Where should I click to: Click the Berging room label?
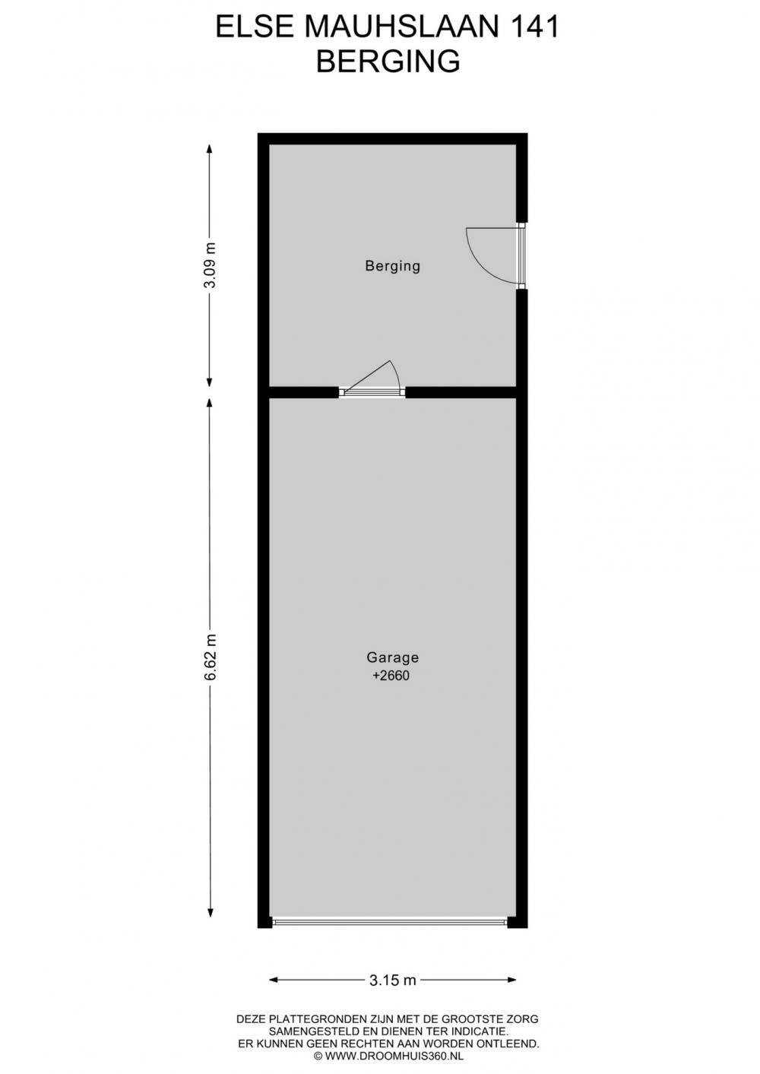[x=392, y=266]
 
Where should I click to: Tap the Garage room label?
[x=392, y=657]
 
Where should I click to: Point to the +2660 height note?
[x=391, y=676]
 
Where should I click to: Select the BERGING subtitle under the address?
[x=388, y=62]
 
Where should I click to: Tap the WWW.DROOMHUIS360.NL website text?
[x=394, y=1055]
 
